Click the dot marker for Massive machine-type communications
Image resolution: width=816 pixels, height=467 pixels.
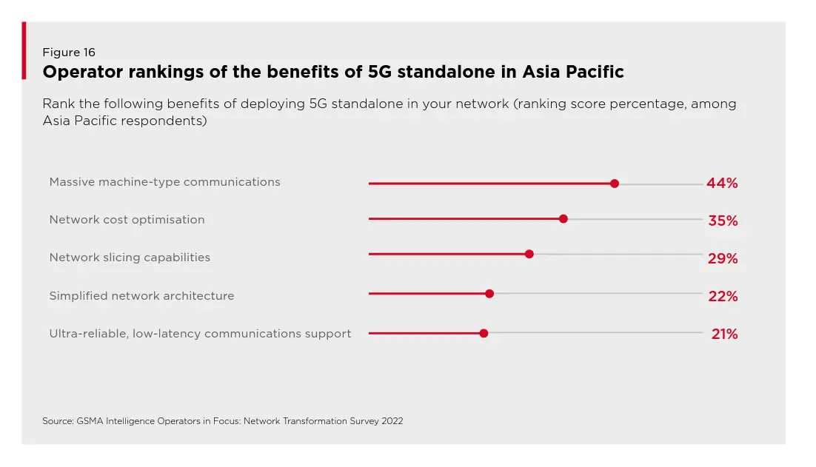click(x=614, y=184)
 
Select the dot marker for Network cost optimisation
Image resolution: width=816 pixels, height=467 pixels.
click(x=563, y=219)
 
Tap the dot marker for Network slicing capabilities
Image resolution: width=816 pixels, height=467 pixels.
click(x=529, y=254)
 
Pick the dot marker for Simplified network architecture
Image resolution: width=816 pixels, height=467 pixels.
click(x=489, y=294)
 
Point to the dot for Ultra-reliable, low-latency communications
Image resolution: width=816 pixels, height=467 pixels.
click(x=484, y=333)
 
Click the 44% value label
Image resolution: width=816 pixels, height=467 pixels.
click(x=722, y=184)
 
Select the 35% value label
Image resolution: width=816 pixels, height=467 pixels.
click(x=722, y=221)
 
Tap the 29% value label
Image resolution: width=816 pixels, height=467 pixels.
click(x=722, y=258)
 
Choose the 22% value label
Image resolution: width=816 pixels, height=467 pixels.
click(x=722, y=296)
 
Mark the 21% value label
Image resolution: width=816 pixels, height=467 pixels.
click(x=724, y=334)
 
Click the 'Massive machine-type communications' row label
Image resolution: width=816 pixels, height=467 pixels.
click(x=164, y=182)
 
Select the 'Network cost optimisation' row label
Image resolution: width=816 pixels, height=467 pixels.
click(x=127, y=220)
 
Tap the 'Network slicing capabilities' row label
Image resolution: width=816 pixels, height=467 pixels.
click(x=130, y=258)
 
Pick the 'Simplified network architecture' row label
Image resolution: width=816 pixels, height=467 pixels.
click(x=141, y=296)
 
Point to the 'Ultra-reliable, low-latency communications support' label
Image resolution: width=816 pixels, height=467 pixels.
click(x=200, y=334)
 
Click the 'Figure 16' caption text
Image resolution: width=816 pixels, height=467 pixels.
click(x=69, y=53)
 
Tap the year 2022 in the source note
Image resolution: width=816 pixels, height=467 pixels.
click(x=392, y=421)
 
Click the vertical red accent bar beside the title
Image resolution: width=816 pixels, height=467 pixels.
click(x=24, y=50)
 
